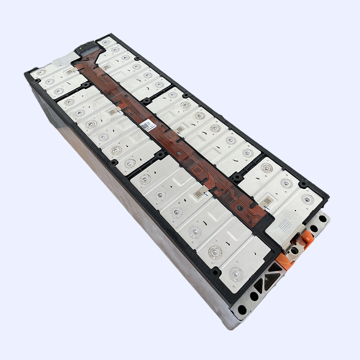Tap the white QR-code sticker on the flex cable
pos(145,124)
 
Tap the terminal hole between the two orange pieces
pos(294,250)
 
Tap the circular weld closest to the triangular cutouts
pos(235,273)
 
